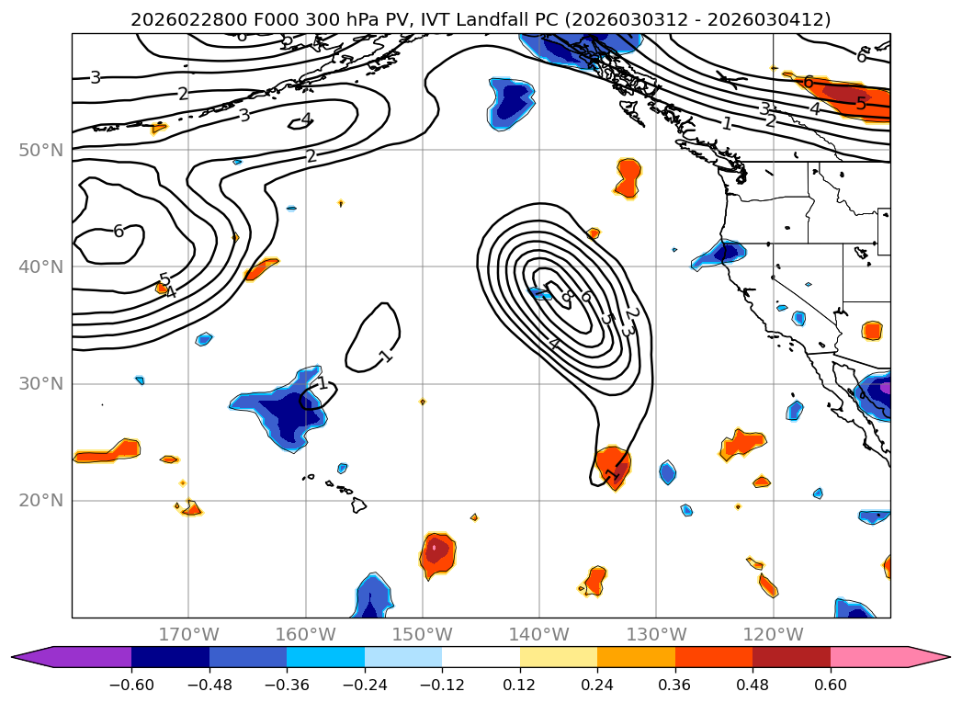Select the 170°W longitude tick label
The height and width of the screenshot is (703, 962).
pos(188,634)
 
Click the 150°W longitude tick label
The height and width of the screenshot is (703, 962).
pos(423,634)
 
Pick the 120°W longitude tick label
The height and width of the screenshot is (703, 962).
pos(774,634)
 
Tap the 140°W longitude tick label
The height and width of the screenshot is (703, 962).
pos(539,634)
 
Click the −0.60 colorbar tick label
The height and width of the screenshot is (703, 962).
pos(131,685)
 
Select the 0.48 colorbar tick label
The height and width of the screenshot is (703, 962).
pos(753,685)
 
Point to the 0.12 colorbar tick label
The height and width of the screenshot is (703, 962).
pos(520,685)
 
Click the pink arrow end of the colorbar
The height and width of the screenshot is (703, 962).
pos(933,656)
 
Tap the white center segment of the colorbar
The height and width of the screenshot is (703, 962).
pos(481,656)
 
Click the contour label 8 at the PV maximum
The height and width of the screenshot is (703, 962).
pos(567,296)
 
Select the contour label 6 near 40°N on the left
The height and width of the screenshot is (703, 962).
pos(119,232)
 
